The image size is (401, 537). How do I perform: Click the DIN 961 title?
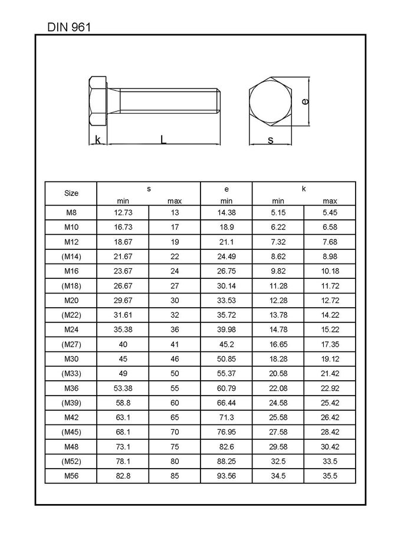pyautogui.click(x=68, y=27)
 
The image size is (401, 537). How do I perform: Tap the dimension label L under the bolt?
pyautogui.click(x=163, y=139)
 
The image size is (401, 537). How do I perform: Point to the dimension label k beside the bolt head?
pyautogui.click(x=97, y=139)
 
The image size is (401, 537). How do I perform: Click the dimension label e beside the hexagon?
pyautogui.click(x=305, y=101)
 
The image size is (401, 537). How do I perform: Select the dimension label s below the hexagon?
pyautogui.click(x=271, y=140)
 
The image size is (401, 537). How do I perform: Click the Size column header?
pyautogui.click(x=71, y=193)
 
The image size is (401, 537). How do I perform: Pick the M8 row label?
pyautogui.click(x=71, y=212)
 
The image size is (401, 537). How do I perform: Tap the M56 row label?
pyautogui.click(x=71, y=476)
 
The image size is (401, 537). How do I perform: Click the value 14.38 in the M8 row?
pyautogui.click(x=226, y=212)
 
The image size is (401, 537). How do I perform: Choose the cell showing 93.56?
pyautogui.click(x=226, y=476)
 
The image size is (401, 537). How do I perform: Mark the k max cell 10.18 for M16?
pyautogui.click(x=330, y=271)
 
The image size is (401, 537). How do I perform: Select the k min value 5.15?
pyautogui.click(x=278, y=212)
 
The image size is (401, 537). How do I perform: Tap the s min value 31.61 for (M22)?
pyautogui.click(x=123, y=315)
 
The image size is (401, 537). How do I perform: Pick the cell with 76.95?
pyautogui.click(x=226, y=432)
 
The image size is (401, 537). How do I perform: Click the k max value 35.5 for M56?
pyautogui.click(x=330, y=476)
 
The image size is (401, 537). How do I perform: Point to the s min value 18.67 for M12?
pyautogui.click(x=123, y=242)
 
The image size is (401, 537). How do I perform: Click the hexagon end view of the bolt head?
pyautogui.click(x=271, y=101)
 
